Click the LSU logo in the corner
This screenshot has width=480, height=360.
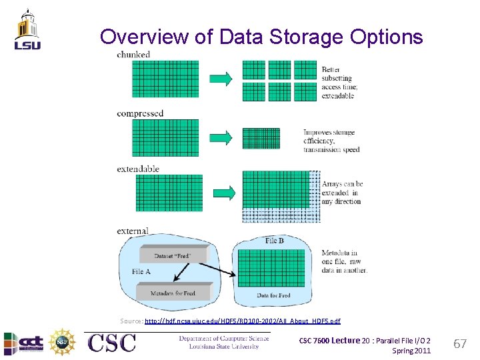(x=27, y=29)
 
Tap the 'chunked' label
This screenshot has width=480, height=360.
(x=133, y=54)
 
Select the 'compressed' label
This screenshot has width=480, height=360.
(x=140, y=113)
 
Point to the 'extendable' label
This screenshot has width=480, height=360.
(x=138, y=169)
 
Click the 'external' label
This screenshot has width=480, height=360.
(x=132, y=231)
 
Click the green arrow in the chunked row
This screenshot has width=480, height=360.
(x=221, y=79)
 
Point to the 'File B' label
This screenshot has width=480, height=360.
(x=274, y=240)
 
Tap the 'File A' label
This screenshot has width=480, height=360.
(x=141, y=271)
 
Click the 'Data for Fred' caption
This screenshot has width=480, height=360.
(x=273, y=295)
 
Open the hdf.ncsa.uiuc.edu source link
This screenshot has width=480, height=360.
(x=242, y=321)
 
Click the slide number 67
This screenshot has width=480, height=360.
(x=459, y=344)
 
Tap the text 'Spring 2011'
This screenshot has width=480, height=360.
(x=411, y=351)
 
